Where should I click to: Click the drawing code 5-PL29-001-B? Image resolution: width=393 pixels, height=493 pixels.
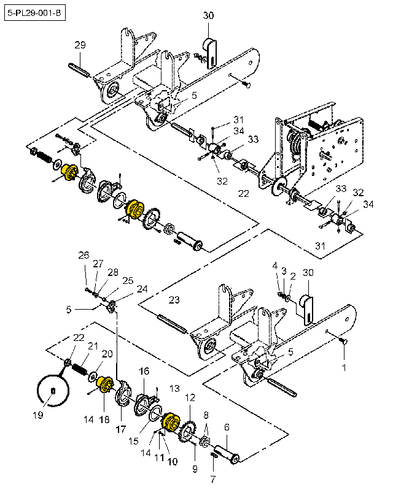(36, 12)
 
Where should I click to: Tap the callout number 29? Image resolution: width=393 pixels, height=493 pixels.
(80, 45)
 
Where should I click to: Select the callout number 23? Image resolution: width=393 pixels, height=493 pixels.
(174, 300)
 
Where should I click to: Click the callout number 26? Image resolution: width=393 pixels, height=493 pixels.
(84, 255)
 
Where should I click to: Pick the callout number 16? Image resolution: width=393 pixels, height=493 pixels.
(144, 371)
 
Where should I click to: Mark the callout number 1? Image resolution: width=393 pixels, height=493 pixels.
(344, 368)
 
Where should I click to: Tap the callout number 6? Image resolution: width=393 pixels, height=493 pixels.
(227, 427)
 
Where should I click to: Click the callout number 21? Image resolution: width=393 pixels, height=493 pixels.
(93, 346)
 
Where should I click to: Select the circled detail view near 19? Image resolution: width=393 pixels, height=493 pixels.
(52, 389)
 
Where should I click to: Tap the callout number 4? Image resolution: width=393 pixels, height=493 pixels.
(274, 265)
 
